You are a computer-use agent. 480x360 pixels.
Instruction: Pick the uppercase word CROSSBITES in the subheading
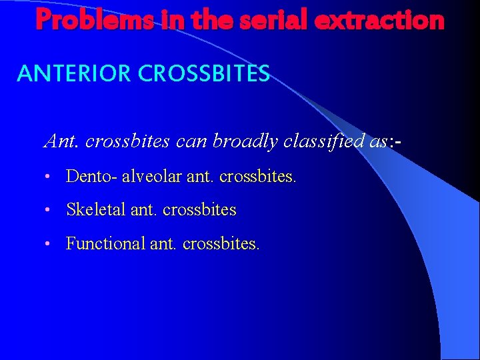(x=204, y=73)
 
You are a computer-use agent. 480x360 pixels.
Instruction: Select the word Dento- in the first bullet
(x=92, y=176)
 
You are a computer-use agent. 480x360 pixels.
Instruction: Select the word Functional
(x=106, y=243)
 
